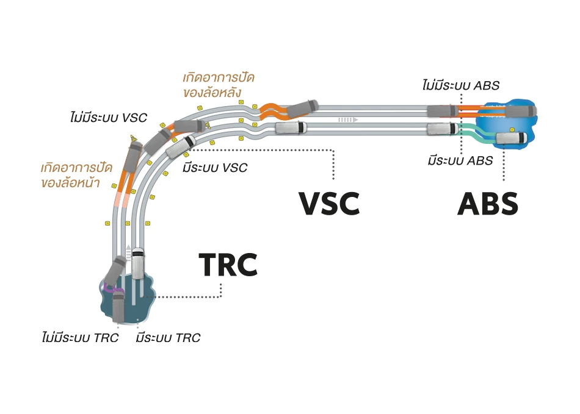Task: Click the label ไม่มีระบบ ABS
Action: tap(461, 85)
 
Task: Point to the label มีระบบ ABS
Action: tap(460, 161)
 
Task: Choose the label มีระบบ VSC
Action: tap(215, 168)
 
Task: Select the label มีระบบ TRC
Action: tap(169, 338)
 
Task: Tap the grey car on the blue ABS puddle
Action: tap(520, 112)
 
